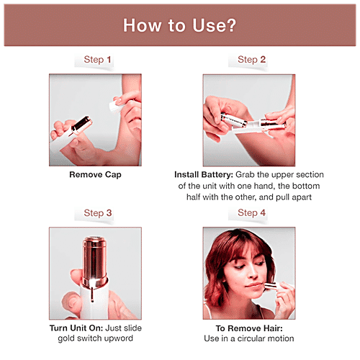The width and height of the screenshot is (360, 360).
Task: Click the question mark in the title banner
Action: click(x=230, y=25)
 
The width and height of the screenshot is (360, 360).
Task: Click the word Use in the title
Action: click(x=206, y=25)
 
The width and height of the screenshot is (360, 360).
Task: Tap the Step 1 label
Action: click(x=97, y=60)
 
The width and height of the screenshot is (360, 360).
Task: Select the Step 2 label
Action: click(x=251, y=60)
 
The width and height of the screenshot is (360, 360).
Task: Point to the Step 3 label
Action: click(x=98, y=213)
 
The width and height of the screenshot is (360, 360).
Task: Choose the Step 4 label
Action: click(x=251, y=213)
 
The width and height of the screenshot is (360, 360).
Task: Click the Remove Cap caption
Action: click(x=95, y=175)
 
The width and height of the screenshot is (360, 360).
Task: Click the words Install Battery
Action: click(x=204, y=175)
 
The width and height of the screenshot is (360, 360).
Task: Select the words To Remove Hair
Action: click(x=249, y=328)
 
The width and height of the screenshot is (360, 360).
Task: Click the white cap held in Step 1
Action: click(x=116, y=106)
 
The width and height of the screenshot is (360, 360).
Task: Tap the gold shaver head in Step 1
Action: click(x=81, y=125)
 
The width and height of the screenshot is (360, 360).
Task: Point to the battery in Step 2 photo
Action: click(x=233, y=120)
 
